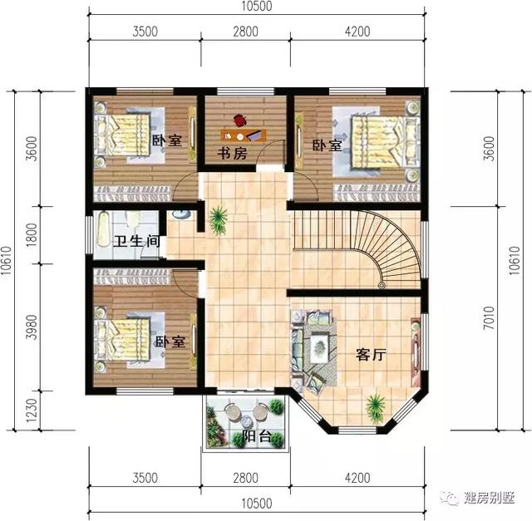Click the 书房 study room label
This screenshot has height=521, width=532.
tap(234, 154)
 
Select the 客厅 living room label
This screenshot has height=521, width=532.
tap(372, 355)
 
